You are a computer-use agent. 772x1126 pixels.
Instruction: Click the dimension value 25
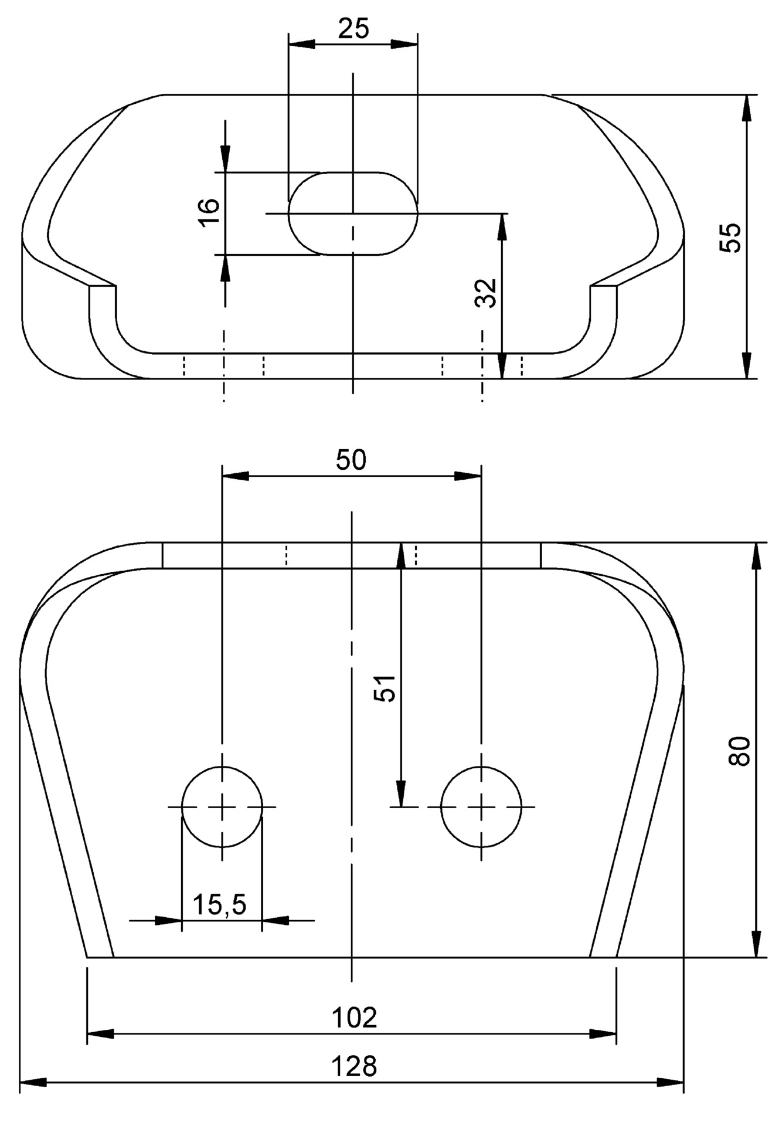pos(353,28)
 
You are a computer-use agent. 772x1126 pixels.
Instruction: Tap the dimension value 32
pos(486,292)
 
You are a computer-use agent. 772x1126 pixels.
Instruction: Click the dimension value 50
pos(351,460)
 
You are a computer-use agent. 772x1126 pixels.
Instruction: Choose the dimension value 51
pos(385,687)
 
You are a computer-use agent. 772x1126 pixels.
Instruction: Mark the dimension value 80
pos(739,751)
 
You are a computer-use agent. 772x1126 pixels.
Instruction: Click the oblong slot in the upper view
pos(353,213)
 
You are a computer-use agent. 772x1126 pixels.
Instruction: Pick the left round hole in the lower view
pos(222,807)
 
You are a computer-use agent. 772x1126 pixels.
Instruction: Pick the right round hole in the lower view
pos(481,807)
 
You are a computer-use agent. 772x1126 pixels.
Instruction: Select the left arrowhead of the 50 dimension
pos(234,476)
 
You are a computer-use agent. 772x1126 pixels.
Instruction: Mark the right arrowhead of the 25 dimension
pos(405,44)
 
